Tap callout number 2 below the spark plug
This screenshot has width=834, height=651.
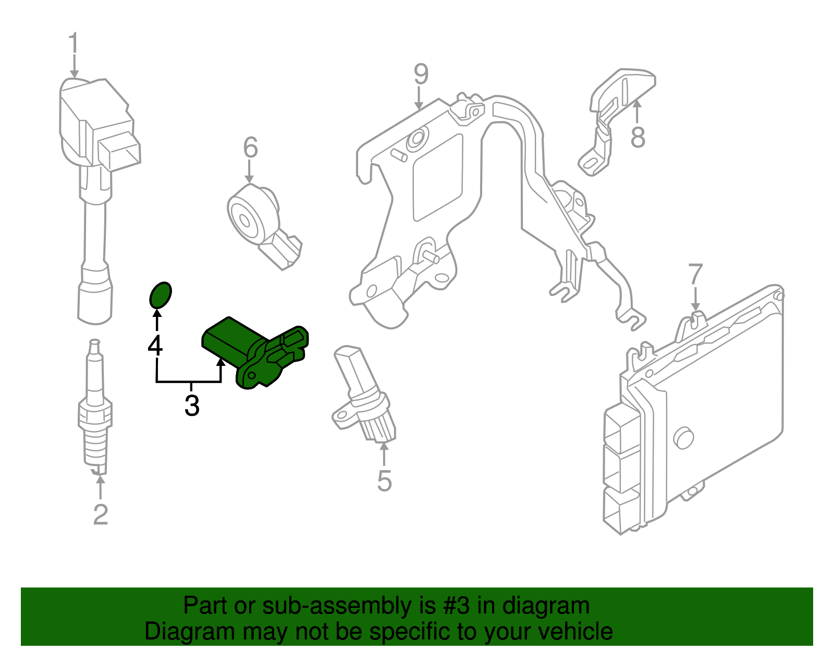coord(100,514)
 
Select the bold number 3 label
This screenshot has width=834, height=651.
coord(192,406)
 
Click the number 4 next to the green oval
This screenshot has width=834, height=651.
coord(155,346)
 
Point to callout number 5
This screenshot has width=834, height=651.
coord(384,481)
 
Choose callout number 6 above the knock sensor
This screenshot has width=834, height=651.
coord(250,148)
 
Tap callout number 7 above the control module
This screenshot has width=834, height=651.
coord(695,275)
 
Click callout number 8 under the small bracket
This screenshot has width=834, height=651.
coord(637,138)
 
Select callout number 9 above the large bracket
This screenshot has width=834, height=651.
coord(421,75)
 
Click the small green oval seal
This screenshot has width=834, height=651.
coord(160,295)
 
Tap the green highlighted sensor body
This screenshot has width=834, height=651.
coord(229,338)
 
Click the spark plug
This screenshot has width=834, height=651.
coord(95,412)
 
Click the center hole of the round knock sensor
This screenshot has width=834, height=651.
coord(244,220)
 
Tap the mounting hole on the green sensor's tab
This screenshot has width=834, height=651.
coord(250,374)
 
